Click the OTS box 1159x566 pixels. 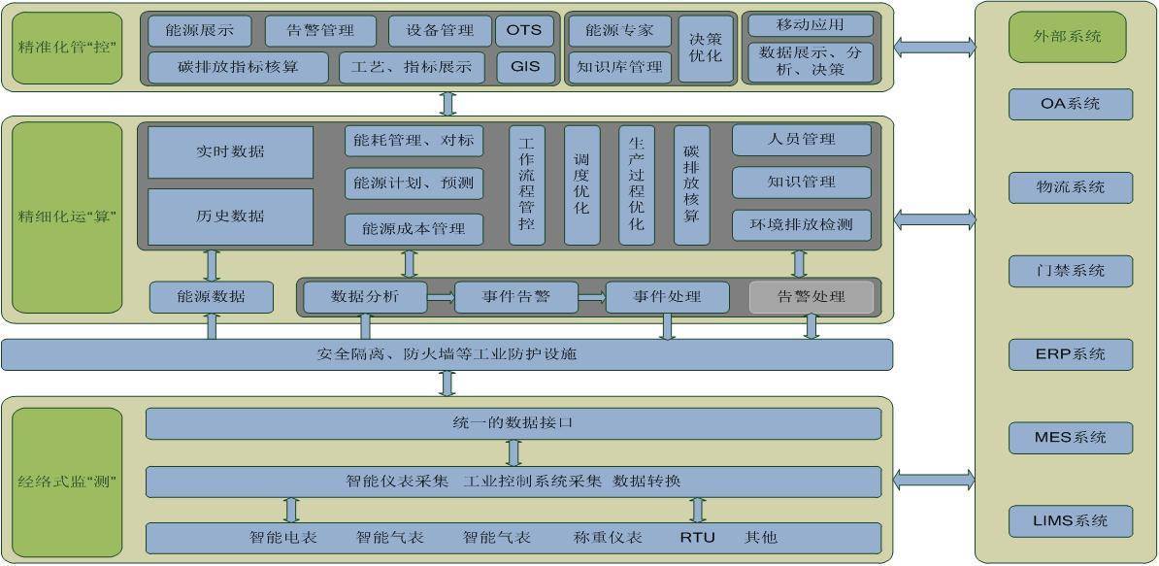coord(524,31)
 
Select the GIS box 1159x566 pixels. coord(524,66)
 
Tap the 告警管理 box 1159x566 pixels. coord(320,31)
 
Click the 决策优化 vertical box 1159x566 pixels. coord(705,49)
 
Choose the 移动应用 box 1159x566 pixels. coord(811,25)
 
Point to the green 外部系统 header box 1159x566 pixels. coord(1068,36)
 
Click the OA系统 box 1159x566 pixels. coord(1071,104)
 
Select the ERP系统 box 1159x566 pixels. coord(1071,354)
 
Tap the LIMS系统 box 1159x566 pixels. coord(1071,521)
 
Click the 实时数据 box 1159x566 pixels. coord(231,152)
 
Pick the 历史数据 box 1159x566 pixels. coord(231,216)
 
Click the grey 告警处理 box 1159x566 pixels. coord(811,297)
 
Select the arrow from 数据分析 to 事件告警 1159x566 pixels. coord(441,297)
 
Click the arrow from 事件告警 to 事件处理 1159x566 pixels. coord(592,297)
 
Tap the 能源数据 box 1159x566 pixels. coord(212,297)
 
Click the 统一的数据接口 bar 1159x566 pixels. coord(513,423)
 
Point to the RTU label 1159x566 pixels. coord(698,537)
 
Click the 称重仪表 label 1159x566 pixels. coord(608,537)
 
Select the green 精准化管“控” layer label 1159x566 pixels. coord(67,48)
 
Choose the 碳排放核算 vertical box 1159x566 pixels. coord(691,184)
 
